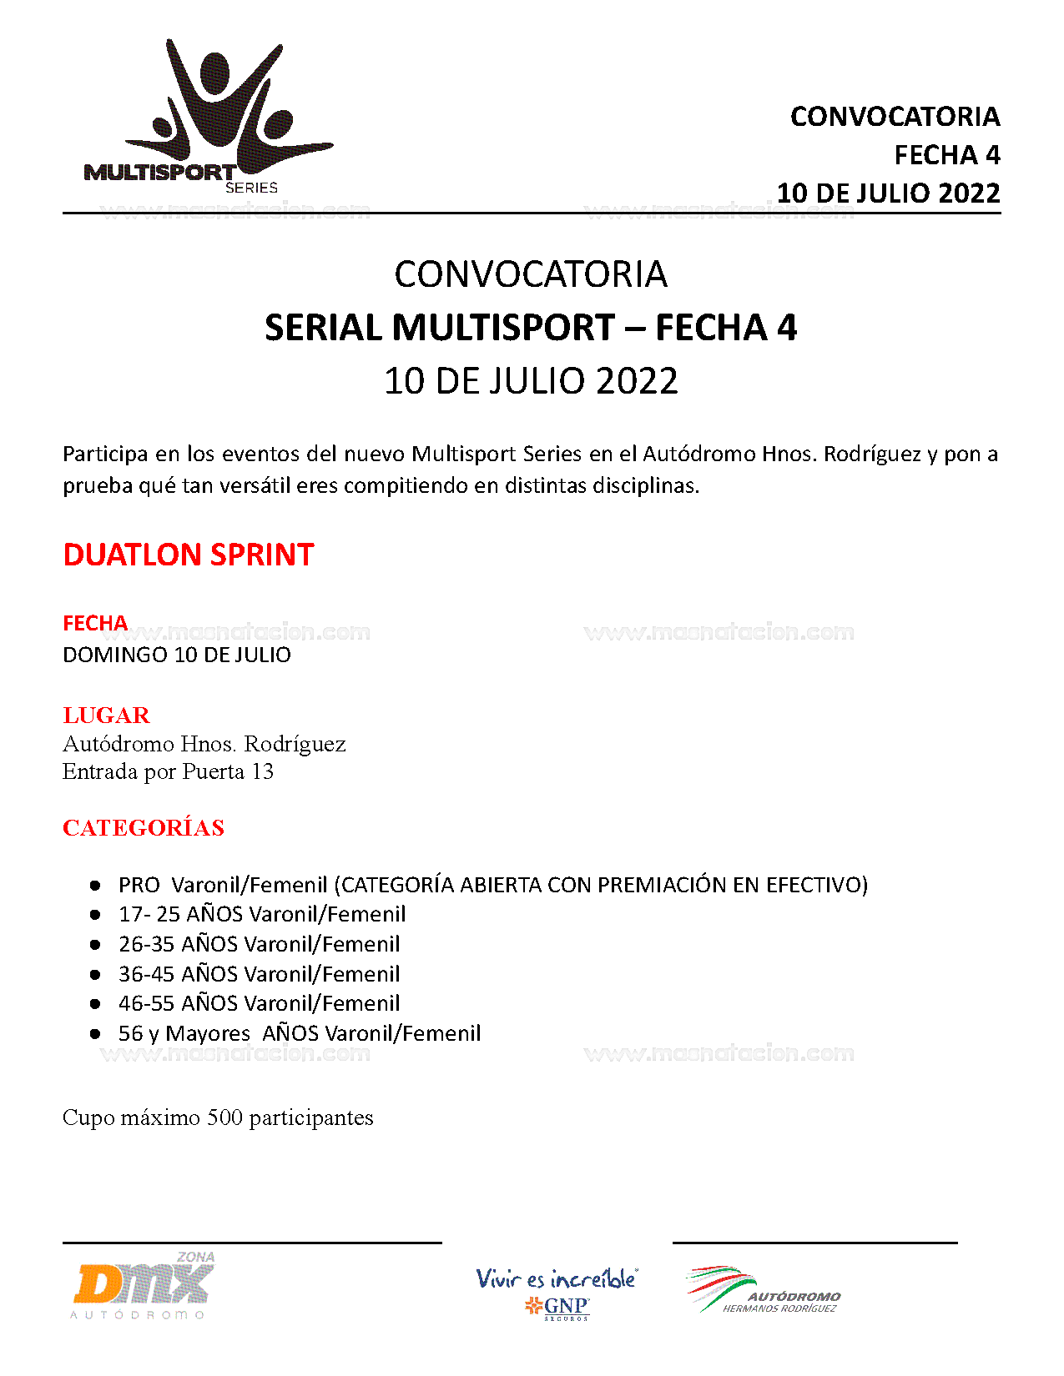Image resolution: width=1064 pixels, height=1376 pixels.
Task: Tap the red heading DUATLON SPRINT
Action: click(x=188, y=555)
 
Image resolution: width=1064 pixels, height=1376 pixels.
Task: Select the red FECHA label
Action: click(x=95, y=623)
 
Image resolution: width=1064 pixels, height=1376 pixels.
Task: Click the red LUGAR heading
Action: click(x=106, y=716)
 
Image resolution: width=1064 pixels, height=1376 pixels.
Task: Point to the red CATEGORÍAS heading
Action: click(x=144, y=828)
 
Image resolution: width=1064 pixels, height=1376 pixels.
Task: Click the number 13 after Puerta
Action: click(x=263, y=771)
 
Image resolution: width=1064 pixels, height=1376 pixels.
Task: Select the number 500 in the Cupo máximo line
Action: click(x=224, y=1117)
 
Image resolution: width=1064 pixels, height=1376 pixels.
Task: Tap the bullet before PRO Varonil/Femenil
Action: click(x=95, y=885)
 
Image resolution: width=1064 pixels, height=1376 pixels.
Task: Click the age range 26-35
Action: click(x=147, y=944)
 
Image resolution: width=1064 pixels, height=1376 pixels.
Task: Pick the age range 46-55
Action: click(x=147, y=1003)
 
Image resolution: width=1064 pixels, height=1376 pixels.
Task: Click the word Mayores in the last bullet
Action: click(x=208, y=1033)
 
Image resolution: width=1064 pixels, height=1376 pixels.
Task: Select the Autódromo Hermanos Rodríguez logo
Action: click(x=762, y=1291)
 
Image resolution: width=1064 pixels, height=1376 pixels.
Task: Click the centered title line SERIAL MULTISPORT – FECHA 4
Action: click(x=531, y=328)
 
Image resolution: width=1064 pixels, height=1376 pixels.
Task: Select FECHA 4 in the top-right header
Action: click(x=946, y=155)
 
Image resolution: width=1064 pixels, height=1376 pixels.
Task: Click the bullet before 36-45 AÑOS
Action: click(x=95, y=974)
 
